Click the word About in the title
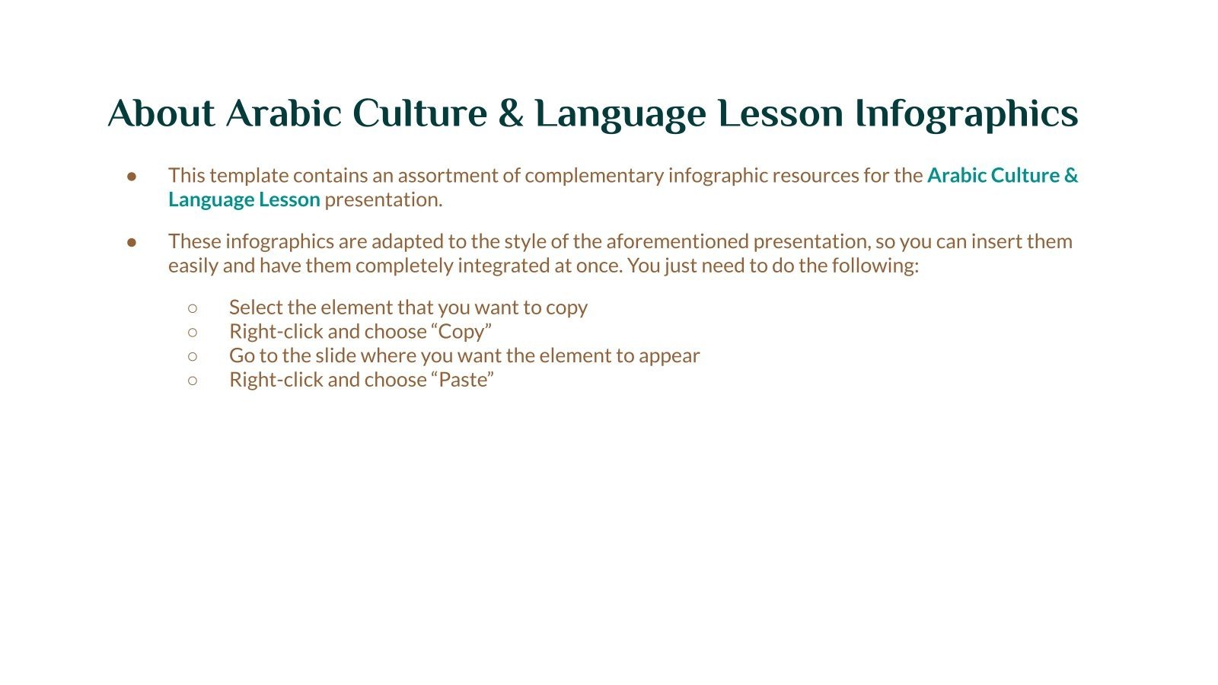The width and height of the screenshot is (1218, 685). coord(161,113)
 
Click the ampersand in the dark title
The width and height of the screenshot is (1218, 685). coord(510,113)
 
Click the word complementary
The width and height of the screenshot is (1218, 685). coord(594,176)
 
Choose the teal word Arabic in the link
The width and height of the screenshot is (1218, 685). coord(956,176)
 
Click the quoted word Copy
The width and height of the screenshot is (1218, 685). coord(461,332)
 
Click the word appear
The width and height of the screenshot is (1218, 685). coord(669,356)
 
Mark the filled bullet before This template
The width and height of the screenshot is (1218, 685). coord(132,176)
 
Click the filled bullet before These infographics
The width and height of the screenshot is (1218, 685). coord(132,242)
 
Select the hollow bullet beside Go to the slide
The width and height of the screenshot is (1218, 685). coord(193,355)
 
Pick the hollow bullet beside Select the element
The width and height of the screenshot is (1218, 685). coord(193,307)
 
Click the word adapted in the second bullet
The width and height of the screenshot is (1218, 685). coord(401,242)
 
